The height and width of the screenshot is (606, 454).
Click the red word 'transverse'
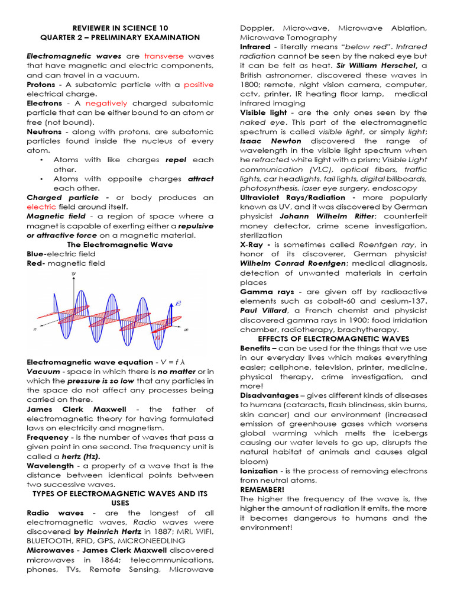coord(165,56)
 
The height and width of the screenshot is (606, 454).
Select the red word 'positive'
coord(198,85)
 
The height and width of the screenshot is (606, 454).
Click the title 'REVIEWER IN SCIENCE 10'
coord(120,28)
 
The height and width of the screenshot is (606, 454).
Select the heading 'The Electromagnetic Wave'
coord(120,244)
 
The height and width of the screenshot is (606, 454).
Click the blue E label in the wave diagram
coord(178,303)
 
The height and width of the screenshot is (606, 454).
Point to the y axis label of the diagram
coord(73,273)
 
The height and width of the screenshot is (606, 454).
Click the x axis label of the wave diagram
coord(186,329)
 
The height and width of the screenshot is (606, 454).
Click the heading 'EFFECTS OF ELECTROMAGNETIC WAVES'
coord(333,339)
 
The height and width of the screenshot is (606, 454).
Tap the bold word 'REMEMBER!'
coord(262,490)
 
